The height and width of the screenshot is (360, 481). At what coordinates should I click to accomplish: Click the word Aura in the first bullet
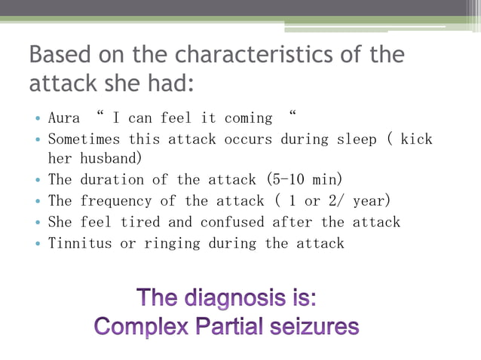(x=64, y=118)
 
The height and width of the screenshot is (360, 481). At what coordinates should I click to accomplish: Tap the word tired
(x=152, y=222)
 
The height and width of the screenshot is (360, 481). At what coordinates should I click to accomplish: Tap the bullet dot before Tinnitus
(x=38, y=243)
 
